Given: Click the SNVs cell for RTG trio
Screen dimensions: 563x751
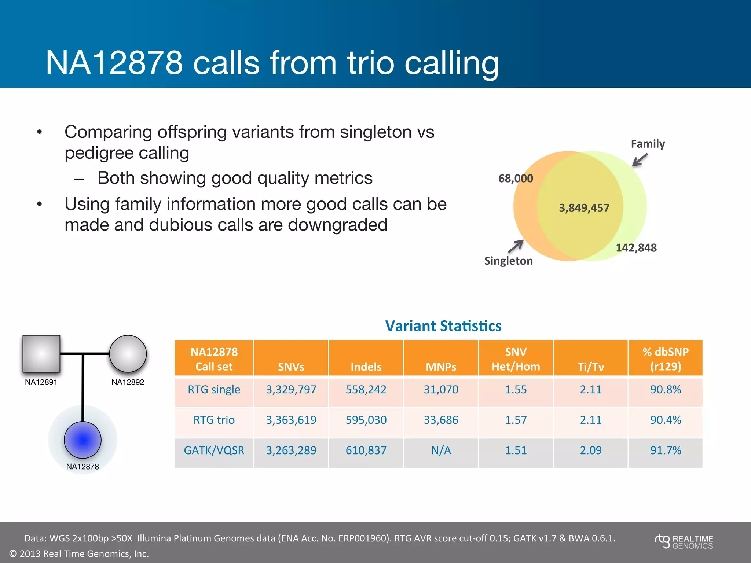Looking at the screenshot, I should pyautogui.click(x=291, y=420).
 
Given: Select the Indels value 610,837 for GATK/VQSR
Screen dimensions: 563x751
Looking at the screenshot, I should pyautogui.click(x=366, y=450).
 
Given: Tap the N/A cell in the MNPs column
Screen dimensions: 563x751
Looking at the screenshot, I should pyautogui.click(x=441, y=450).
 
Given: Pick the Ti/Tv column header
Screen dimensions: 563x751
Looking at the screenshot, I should pyautogui.click(x=590, y=367).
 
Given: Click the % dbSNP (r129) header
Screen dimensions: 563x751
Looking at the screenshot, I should pyautogui.click(x=665, y=359).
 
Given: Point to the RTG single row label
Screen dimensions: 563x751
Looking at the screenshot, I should pyautogui.click(x=214, y=389).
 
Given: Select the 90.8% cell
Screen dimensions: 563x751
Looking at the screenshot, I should pyautogui.click(x=665, y=389).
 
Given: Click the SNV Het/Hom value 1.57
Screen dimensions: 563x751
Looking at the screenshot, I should pyautogui.click(x=516, y=420).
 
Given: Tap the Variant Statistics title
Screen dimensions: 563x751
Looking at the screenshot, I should pyautogui.click(x=443, y=326).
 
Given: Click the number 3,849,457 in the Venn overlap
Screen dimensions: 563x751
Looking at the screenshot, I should pyautogui.click(x=584, y=208).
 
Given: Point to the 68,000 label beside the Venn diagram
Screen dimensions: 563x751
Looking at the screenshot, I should pyautogui.click(x=516, y=179).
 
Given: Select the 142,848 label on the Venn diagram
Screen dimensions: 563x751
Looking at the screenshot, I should pyautogui.click(x=636, y=248).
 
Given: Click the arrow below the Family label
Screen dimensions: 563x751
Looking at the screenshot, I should pyautogui.click(x=640, y=160).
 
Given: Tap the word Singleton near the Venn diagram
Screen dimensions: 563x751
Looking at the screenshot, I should pyautogui.click(x=508, y=261).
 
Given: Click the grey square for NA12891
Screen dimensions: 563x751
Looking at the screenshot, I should pyautogui.click(x=41, y=354).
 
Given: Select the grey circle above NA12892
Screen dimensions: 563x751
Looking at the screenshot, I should pyautogui.click(x=128, y=354).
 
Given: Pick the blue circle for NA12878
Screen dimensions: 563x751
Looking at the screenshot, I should pyautogui.click(x=83, y=440).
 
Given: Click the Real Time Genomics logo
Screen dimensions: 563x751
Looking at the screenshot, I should pyautogui.click(x=684, y=542).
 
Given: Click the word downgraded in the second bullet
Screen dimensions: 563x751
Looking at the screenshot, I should pyautogui.click(x=337, y=225).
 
